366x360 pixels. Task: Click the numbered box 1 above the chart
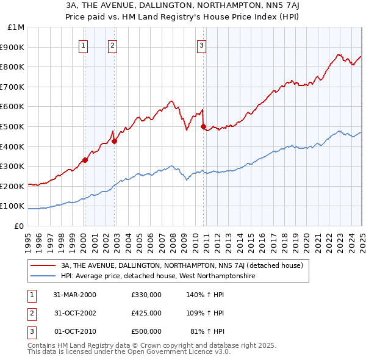tap(82, 44)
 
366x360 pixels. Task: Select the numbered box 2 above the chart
tap(113, 44)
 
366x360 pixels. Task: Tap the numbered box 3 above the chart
tap(201, 44)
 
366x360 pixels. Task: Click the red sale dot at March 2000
tap(85, 160)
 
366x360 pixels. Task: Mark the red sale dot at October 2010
tap(203, 126)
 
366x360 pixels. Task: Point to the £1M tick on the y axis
tap(16, 27)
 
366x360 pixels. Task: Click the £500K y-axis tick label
tap(13, 126)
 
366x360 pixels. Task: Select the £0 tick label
tap(19, 226)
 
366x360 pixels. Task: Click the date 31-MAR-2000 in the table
tap(75, 295)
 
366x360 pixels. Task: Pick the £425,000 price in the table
tap(146, 313)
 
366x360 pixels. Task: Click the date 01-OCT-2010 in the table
tap(75, 331)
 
